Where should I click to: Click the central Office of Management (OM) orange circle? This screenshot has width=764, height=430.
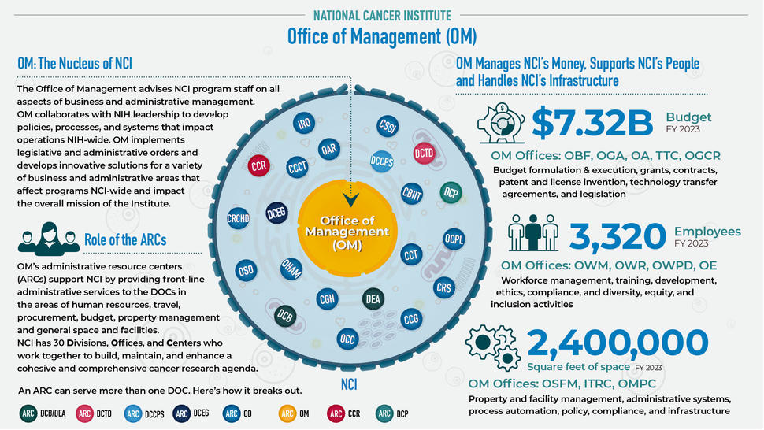347,233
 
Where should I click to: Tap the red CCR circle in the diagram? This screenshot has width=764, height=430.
259,165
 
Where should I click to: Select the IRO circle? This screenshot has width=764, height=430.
305,124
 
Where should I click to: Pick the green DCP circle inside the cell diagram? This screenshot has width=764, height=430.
451,192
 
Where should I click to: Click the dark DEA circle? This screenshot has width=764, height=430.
373,299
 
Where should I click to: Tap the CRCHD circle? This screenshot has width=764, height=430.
238,220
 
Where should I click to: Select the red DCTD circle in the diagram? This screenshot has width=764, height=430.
424,154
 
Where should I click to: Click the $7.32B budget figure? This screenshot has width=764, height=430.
592,122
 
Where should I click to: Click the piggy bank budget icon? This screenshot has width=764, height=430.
501,121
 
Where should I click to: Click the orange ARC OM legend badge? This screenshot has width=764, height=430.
287,413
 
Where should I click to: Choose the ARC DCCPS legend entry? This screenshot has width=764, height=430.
133,413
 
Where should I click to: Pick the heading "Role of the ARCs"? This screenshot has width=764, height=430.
125,239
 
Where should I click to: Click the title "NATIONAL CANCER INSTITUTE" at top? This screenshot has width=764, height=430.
382,15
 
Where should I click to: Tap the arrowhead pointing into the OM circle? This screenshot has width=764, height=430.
351,198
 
